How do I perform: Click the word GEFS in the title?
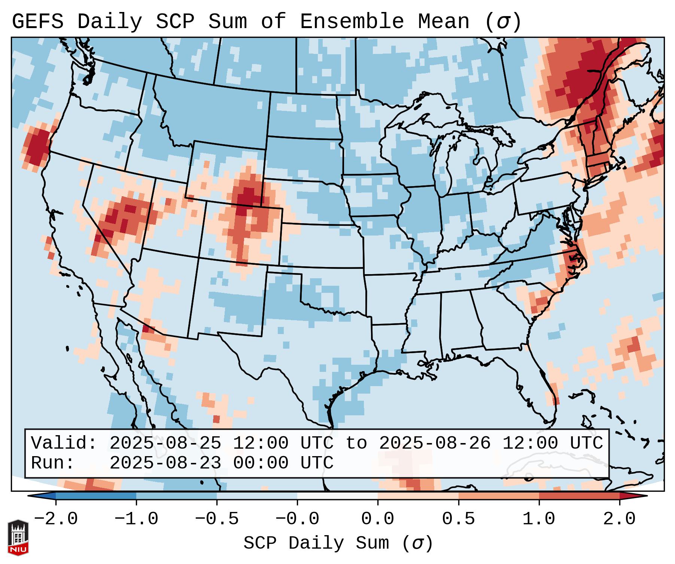point(37,22)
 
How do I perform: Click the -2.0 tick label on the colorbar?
point(56,519)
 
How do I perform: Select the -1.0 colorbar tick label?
point(136,519)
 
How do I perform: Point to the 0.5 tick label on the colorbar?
point(458,519)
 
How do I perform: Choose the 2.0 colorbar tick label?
point(620,519)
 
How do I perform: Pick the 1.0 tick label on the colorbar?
point(539,519)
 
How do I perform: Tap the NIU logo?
point(18,537)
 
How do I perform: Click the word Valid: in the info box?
point(64,443)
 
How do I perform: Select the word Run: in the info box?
point(53,463)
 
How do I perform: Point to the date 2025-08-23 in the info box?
point(165,463)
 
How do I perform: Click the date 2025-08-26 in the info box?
point(435,443)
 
